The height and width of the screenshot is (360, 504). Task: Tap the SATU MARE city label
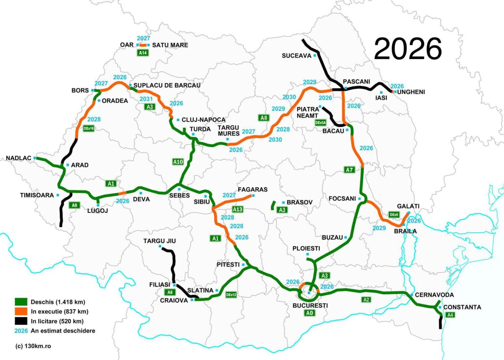pyautogui.click(x=170, y=45)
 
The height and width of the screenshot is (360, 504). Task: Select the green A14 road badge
pyautogui.click(x=143, y=53)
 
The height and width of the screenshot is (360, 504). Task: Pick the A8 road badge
pyautogui.click(x=264, y=118)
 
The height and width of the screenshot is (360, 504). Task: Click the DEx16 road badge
pyautogui.click(x=89, y=129)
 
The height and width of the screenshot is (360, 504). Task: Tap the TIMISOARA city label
pyautogui.click(x=37, y=195)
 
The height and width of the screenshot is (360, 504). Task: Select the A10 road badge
pyautogui.click(x=178, y=161)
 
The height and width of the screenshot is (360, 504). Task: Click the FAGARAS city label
pyautogui.click(x=252, y=189)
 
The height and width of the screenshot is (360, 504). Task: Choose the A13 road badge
pyautogui.click(x=238, y=209)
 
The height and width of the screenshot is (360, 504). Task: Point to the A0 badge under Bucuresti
pyautogui.click(x=310, y=313)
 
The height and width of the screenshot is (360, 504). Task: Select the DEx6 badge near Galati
pyautogui.click(x=394, y=215)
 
